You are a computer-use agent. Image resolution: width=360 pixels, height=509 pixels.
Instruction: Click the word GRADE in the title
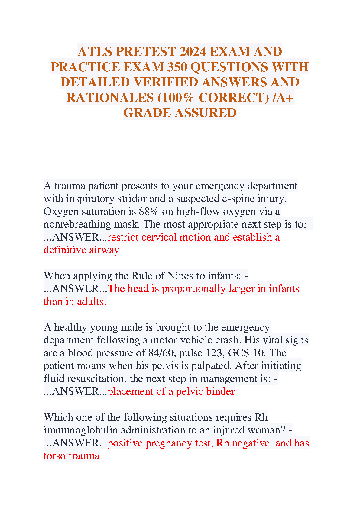147,113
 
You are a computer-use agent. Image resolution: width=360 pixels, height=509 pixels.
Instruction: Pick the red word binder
220,391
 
